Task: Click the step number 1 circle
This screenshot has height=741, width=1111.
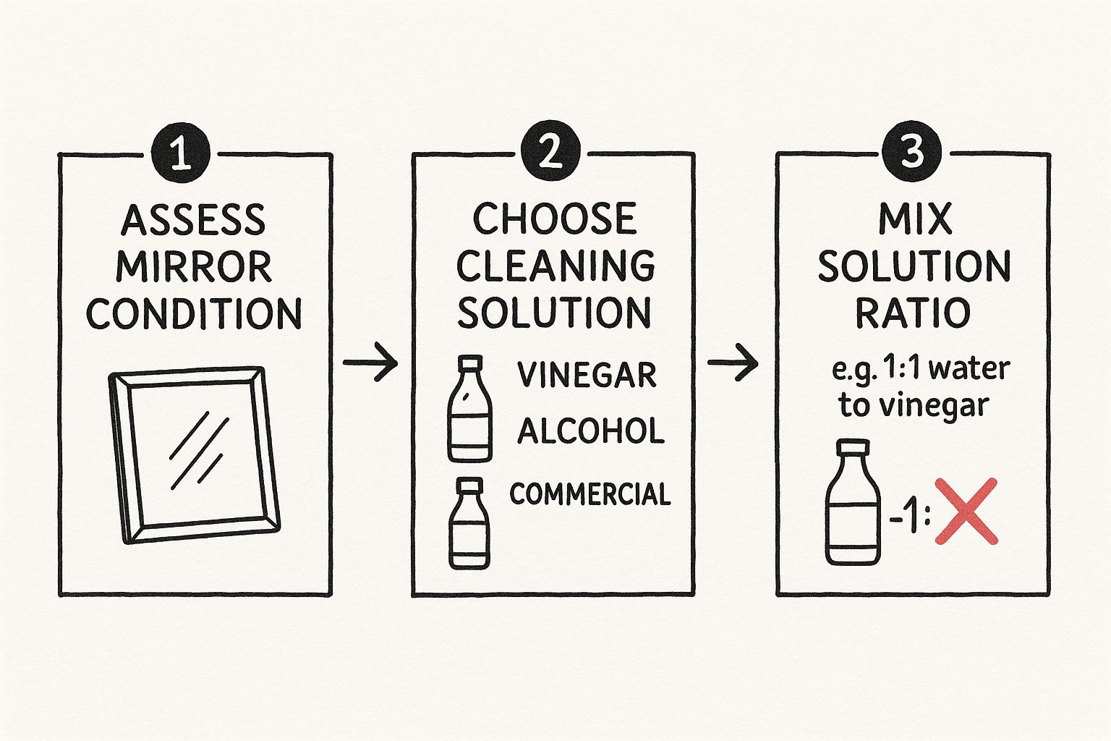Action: click(180, 153)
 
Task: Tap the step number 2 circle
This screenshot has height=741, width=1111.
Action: click(550, 152)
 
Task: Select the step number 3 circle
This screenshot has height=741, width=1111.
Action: click(911, 152)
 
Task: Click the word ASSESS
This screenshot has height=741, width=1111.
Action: click(193, 220)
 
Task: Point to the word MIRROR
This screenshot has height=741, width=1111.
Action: click(194, 267)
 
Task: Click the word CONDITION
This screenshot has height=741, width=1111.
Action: click(194, 314)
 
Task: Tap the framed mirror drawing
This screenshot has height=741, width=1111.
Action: click(194, 454)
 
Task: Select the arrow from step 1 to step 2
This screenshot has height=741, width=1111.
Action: click(370, 362)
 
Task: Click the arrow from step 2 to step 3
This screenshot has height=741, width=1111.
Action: click(733, 362)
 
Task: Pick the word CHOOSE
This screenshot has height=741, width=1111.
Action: click(555, 219)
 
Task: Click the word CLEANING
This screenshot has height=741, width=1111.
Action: click(555, 266)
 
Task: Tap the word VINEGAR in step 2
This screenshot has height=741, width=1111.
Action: click(587, 375)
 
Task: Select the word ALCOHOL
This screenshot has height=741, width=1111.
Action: click(590, 431)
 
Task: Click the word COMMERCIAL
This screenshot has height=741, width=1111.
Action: click(589, 494)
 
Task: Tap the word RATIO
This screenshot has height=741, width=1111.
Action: click(913, 313)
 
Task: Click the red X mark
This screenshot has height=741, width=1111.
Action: click(966, 511)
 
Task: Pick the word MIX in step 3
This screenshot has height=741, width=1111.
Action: click(914, 219)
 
